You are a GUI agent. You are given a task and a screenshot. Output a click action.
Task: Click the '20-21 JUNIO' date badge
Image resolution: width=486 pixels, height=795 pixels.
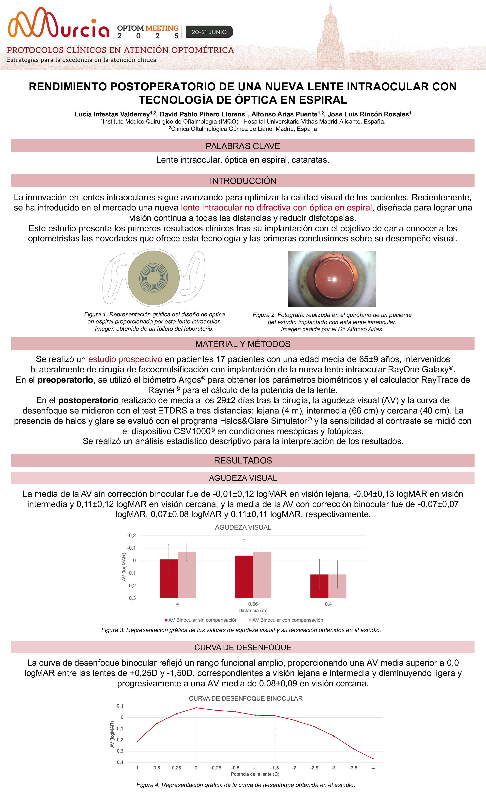click(x=209, y=32)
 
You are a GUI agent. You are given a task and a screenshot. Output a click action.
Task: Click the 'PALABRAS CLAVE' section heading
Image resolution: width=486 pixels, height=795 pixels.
click(x=243, y=146)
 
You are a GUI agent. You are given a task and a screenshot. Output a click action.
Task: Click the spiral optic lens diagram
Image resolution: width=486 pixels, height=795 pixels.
click(x=153, y=278)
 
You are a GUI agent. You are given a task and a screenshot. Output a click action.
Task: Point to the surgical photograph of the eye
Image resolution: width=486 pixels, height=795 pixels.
click(x=332, y=279)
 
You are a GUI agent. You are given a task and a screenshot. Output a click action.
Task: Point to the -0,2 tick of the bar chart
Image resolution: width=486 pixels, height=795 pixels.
click(x=132, y=536)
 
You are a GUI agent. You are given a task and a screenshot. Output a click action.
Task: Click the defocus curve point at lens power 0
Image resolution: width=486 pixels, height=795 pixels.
click(x=196, y=708)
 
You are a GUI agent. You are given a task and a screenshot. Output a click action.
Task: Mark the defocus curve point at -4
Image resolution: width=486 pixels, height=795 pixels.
click(x=373, y=759)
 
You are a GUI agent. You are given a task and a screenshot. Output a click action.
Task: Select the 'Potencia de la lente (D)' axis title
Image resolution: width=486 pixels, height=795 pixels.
click(x=255, y=774)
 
